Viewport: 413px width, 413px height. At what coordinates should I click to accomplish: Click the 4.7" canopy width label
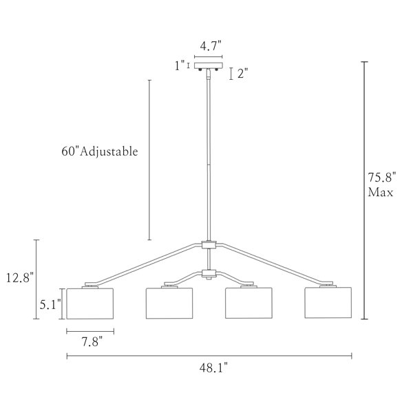point(211,46)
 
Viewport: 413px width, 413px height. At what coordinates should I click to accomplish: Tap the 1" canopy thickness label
point(180,65)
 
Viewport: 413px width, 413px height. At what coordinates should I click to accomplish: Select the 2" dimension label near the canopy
point(243,74)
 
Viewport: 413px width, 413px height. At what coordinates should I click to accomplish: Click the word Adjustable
point(109,152)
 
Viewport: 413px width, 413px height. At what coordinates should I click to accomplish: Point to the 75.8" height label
point(382,178)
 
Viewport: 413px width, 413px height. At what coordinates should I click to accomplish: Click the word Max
point(381,192)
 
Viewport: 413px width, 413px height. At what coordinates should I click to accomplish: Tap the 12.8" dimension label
point(20,277)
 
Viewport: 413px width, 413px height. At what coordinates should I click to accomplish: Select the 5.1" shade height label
point(50,305)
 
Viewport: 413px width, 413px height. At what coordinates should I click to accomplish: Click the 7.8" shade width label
point(92,342)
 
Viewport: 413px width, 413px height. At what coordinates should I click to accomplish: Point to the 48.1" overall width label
point(213,368)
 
